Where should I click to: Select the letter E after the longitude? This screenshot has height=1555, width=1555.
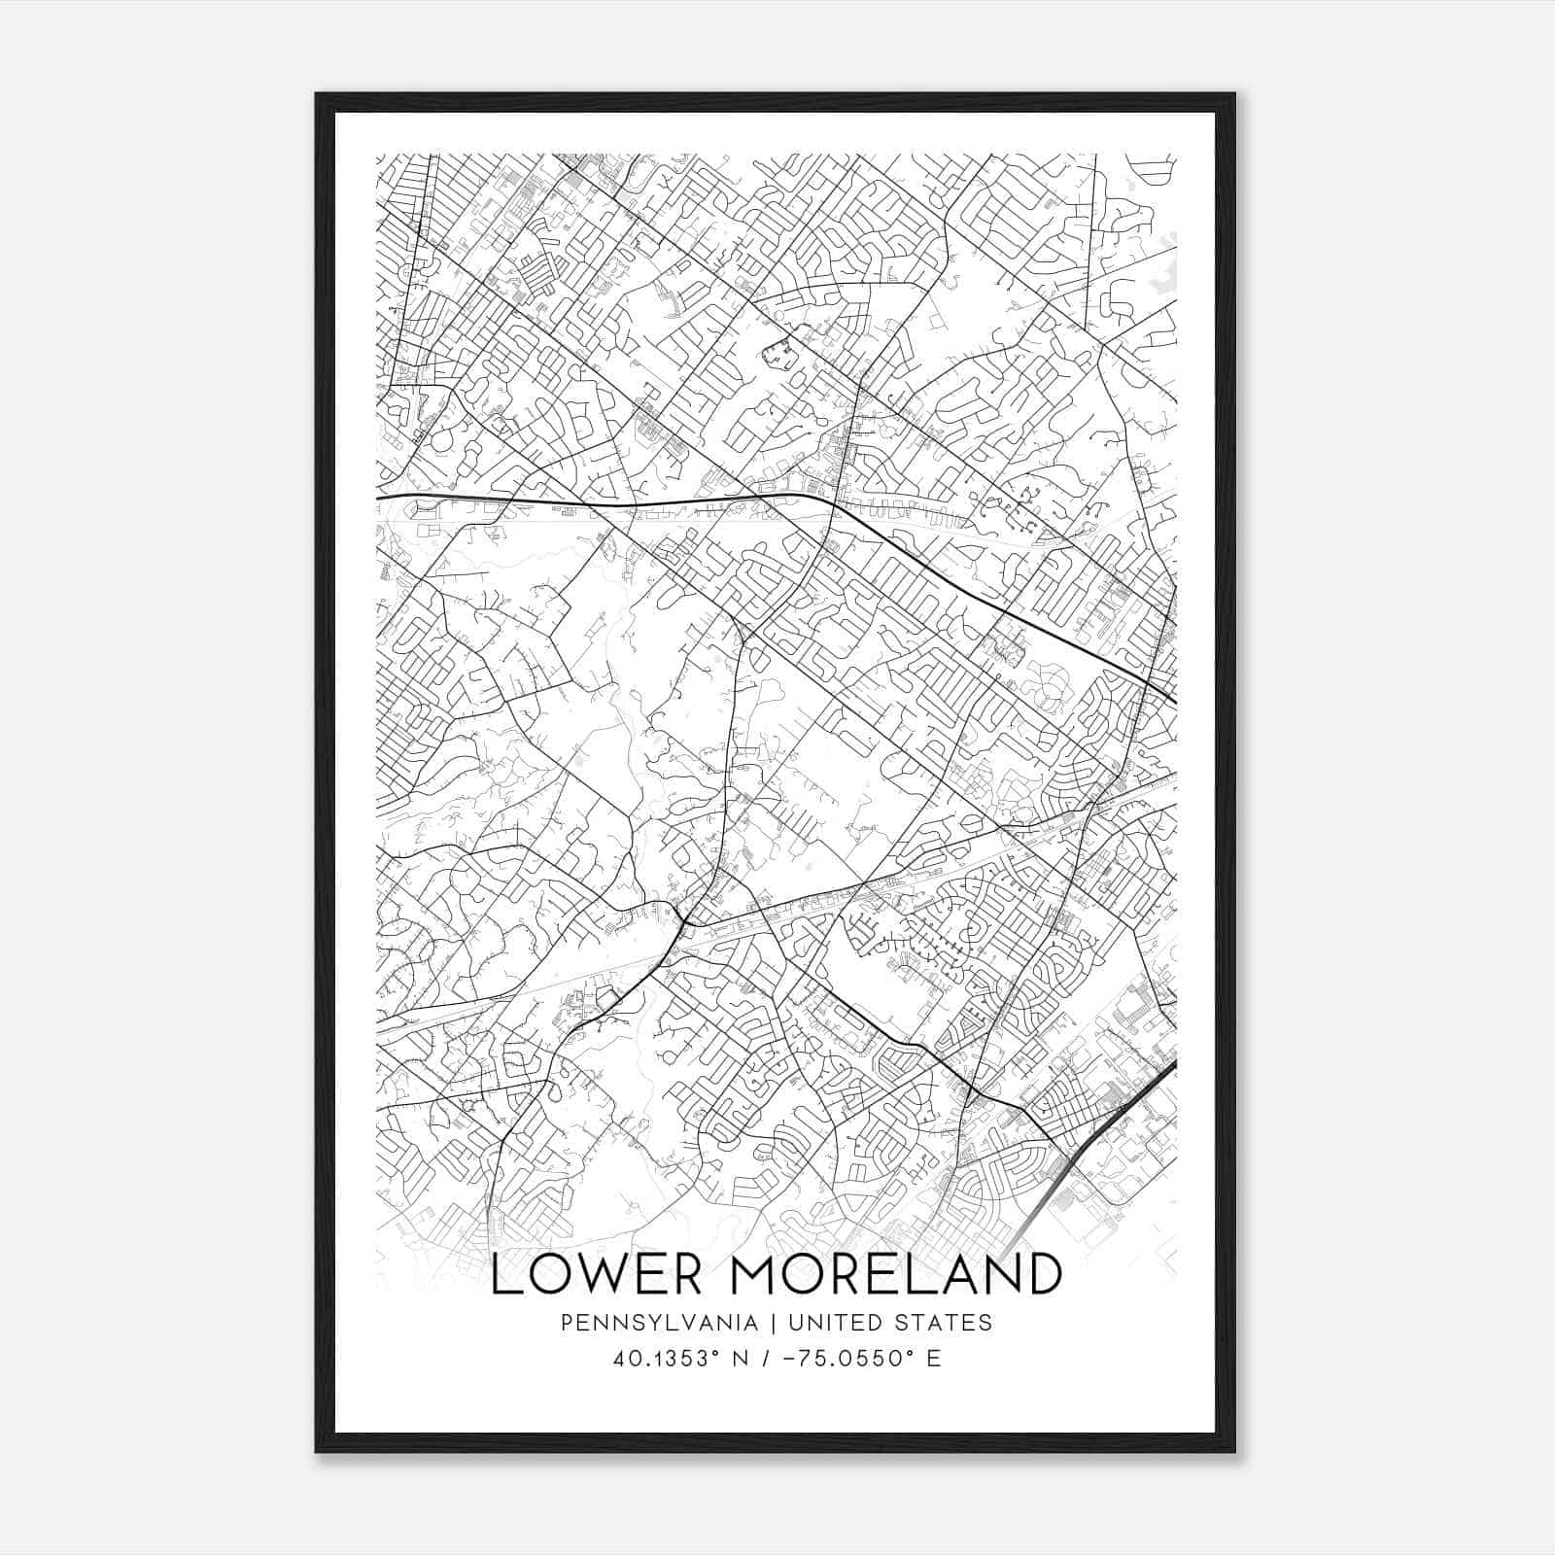coord(934,1358)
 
